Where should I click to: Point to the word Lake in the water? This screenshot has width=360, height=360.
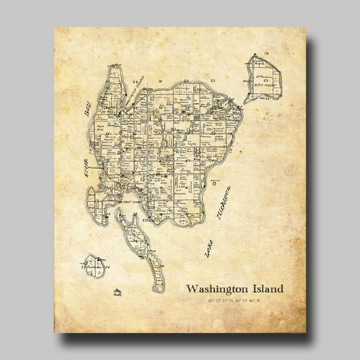[x=208, y=248]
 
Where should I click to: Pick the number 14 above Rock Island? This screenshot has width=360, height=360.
[x=265, y=54]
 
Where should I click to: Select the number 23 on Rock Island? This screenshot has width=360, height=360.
[x=262, y=79]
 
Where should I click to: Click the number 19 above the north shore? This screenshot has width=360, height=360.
[x=160, y=80]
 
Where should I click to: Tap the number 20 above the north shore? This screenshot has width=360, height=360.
[x=186, y=80]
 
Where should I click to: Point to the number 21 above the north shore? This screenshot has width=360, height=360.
[x=211, y=80]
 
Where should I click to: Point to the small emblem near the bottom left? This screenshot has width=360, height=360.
[x=116, y=292]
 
